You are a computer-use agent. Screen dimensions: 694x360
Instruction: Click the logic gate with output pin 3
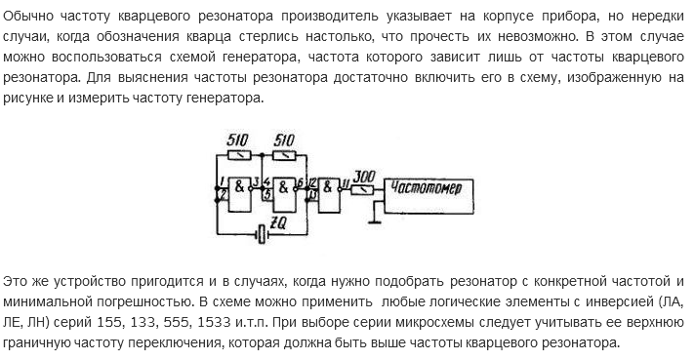pos(239,187)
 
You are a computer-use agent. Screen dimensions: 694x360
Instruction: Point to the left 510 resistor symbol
pos(238,153)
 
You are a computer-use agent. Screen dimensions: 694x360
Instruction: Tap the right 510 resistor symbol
pos(284,153)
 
